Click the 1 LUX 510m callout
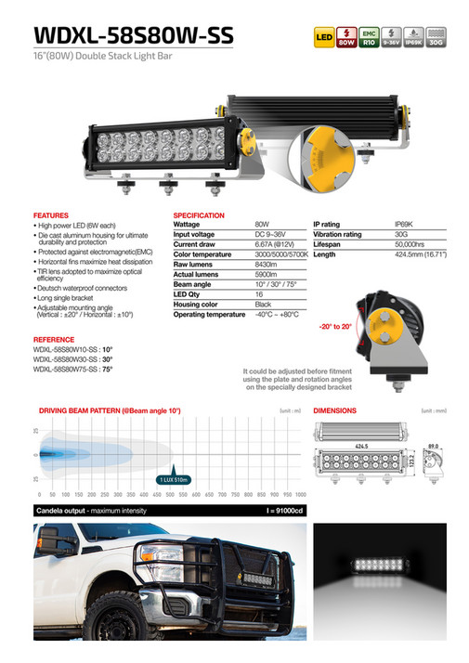coord(171,479)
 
